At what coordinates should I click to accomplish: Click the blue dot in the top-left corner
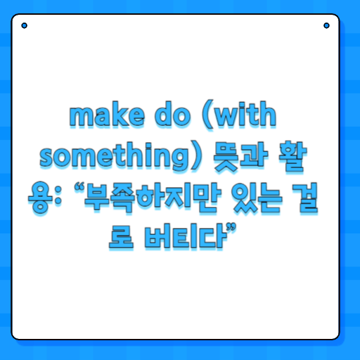[x=25, y=26]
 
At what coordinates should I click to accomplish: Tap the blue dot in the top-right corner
[x=326, y=26]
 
